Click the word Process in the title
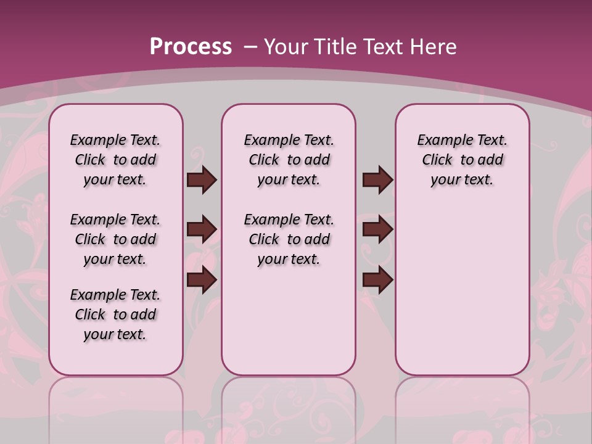tap(191, 46)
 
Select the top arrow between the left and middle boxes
tap(202, 180)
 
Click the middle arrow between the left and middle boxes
tap(202, 230)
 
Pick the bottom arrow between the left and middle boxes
tap(202, 280)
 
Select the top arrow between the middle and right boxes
tap(377, 180)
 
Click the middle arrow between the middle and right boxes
tap(377, 230)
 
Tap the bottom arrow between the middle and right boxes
tap(377, 280)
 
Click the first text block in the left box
tap(115, 160)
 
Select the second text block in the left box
tap(115, 239)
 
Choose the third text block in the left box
tap(115, 314)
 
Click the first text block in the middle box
tap(289, 160)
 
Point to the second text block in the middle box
tap(289, 239)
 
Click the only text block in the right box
tap(462, 160)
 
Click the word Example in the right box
tap(441, 141)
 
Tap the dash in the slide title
tap(250, 46)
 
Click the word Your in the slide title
tap(286, 46)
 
